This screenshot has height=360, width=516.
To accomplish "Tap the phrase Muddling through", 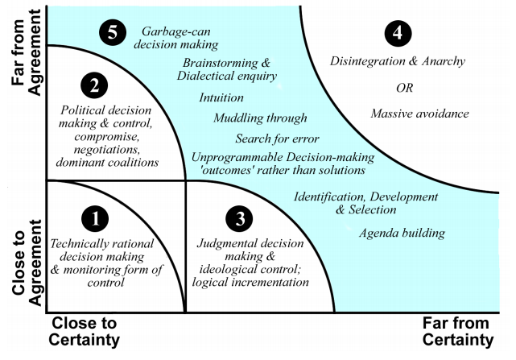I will click(250, 118).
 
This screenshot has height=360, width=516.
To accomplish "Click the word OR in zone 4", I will click(408, 87).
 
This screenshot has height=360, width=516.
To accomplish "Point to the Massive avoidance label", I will click(419, 114).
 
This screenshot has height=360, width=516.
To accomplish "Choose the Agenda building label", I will click(403, 234).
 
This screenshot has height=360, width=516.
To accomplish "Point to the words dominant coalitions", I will click(107, 162).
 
